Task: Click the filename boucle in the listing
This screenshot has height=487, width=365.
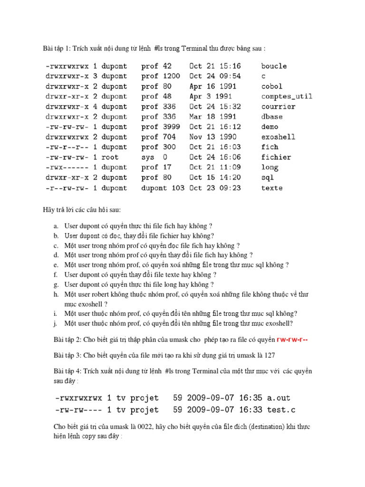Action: pos(274,66)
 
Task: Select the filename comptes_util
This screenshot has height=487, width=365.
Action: pos(287,97)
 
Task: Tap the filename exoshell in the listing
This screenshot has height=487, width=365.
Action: pos(278,137)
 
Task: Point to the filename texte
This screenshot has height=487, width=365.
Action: pos(272,188)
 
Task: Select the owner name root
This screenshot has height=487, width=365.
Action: pos(109,157)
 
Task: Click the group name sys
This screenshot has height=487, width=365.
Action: pos(148,157)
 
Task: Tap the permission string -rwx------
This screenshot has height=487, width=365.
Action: pos(67,167)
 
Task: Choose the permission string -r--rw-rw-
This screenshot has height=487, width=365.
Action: pos(67,188)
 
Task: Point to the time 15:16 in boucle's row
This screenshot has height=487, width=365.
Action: pos(230,66)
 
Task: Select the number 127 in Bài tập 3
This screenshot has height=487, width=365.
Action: pos(269,355)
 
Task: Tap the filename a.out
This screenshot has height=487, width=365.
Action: pos(279,398)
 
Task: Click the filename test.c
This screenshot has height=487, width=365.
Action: pos(281,409)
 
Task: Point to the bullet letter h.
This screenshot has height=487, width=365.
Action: pos(56,295)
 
